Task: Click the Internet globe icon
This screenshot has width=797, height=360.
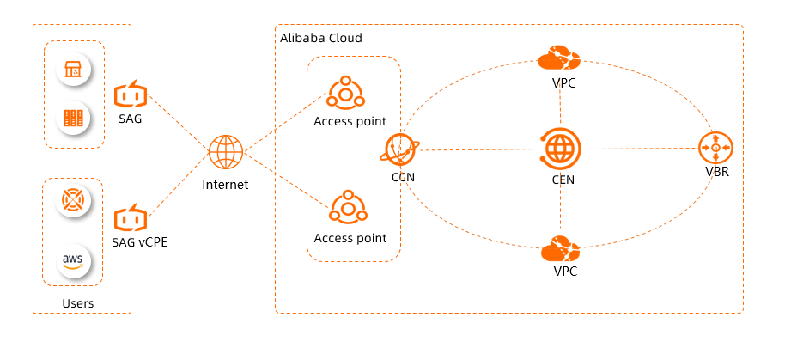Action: click(x=226, y=153)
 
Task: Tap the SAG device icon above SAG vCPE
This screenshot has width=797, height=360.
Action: click(x=131, y=94)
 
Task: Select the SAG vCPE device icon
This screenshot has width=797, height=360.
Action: click(x=131, y=217)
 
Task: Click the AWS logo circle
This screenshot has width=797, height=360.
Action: click(x=73, y=259)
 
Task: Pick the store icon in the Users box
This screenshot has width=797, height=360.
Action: click(x=73, y=70)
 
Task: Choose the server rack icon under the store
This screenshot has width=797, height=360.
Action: click(x=73, y=118)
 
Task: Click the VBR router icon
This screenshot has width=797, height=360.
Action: click(x=715, y=149)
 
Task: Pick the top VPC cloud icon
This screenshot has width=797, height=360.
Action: click(x=559, y=59)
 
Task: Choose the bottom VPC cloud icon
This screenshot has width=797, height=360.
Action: click(x=560, y=249)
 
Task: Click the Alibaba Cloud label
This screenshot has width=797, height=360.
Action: click(x=321, y=39)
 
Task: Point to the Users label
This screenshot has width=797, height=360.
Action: click(x=78, y=303)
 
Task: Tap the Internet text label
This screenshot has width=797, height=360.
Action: click(x=225, y=184)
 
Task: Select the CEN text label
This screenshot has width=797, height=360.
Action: click(x=563, y=180)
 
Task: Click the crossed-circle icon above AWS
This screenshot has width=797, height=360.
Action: click(x=73, y=200)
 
